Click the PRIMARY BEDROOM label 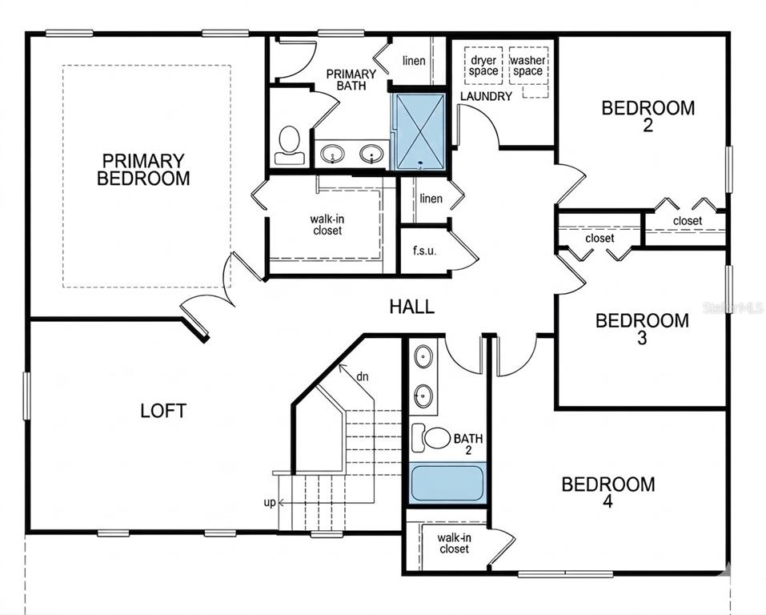point(143,169)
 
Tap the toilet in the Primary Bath point(289,145)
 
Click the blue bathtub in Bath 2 point(447,483)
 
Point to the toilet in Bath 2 point(431,437)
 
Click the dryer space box point(483,66)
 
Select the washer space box point(528,66)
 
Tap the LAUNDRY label point(486,96)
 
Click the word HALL point(412,307)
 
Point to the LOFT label point(163,411)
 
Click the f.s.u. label point(424,251)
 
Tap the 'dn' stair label point(362,376)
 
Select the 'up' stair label point(270,502)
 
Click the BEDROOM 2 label point(648,116)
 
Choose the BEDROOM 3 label point(642,329)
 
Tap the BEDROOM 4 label point(608,492)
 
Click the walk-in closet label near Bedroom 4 point(455,543)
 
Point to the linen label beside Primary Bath point(414,61)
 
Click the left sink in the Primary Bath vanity point(333,155)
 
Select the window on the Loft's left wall point(26,396)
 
